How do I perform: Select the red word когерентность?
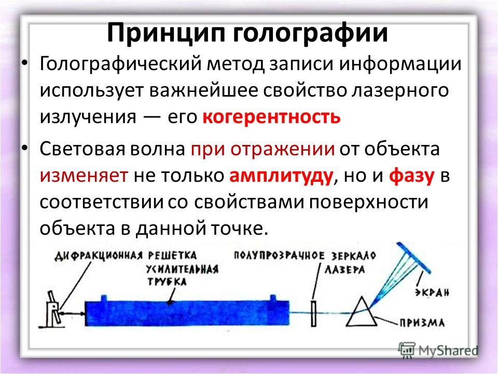(x=271, y=117)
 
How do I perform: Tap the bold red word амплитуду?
(x=281, y=176)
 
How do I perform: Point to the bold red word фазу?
(x=411, y=176)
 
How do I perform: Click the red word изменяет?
(x=84, y=176)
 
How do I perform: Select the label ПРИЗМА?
(x=422, y=323)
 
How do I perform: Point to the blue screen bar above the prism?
(x=413, y=258)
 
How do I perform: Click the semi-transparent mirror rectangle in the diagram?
(x=314, y=313)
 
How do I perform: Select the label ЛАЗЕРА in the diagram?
(x=344, y=270)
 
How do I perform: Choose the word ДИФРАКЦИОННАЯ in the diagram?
(x=98, y=256)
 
